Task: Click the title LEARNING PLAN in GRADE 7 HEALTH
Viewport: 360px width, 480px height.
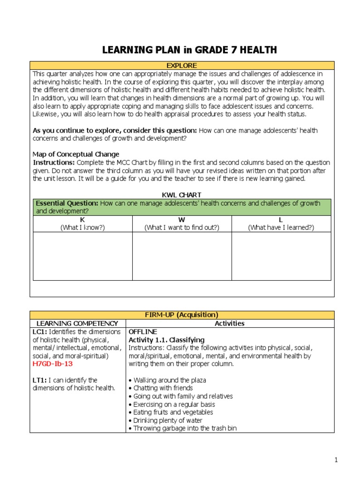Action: tap(189, 50)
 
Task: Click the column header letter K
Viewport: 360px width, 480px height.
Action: tap(82, 219)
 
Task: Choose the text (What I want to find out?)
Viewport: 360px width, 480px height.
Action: tap(182, 227)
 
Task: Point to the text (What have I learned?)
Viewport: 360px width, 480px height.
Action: tap(281, 227)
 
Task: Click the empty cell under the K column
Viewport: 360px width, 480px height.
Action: tap(82, 256)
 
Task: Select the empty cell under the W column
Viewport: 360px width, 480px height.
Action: tap(182, 256)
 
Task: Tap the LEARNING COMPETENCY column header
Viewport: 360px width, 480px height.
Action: tap(78, 323)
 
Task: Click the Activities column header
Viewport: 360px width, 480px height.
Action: tap(230, 323)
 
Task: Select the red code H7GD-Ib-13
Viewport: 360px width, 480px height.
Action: tap(53, 363)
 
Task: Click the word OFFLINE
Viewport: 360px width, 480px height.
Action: tap(143, 331)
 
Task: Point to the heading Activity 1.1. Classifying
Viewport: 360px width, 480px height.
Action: tap(166, 339)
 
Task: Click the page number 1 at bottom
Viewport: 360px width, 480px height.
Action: tap(336, 460)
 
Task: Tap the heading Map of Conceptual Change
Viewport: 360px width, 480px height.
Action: tap(76, 154)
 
